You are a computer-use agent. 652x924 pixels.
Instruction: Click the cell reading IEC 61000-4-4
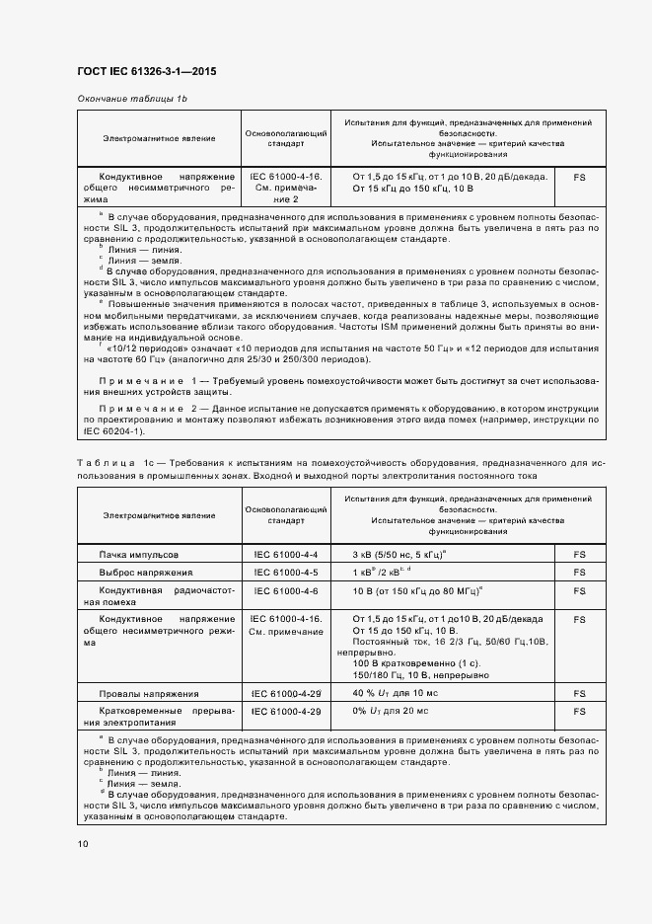285,555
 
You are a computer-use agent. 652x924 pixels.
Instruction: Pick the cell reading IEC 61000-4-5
285,573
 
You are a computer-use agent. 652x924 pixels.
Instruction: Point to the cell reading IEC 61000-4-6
285,590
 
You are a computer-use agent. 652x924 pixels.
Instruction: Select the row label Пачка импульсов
139,555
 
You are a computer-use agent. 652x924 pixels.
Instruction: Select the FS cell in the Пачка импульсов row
579,555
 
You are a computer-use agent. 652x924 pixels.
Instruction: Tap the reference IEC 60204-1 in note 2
111,431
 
